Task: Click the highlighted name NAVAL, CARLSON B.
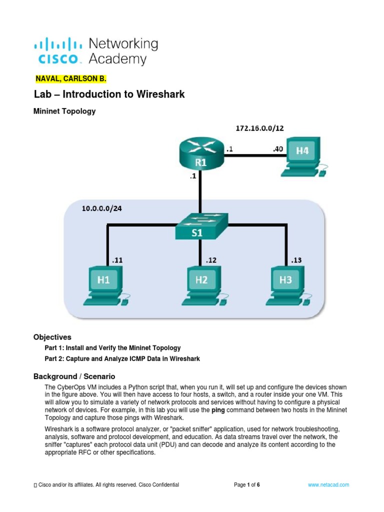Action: click(x=71, y=79)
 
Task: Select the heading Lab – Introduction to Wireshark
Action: click(x=109, y=94)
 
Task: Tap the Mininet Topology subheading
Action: click(x=64, y=111)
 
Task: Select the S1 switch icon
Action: click(x=200, y=227)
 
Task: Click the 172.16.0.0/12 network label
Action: click(x=259, y=128)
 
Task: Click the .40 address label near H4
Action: click(x=278, y=148)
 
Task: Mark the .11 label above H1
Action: click(x=117, y=260)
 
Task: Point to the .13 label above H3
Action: click(x=296, y=260)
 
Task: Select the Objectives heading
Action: click(x=52, y=337)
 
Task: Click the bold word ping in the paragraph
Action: click(x=218, y=410)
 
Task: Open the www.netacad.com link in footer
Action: click(x=328, y=485)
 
